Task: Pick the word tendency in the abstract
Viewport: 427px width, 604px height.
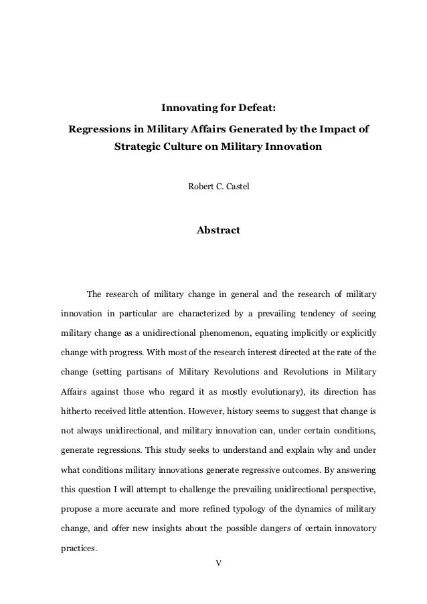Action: point(320,313)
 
